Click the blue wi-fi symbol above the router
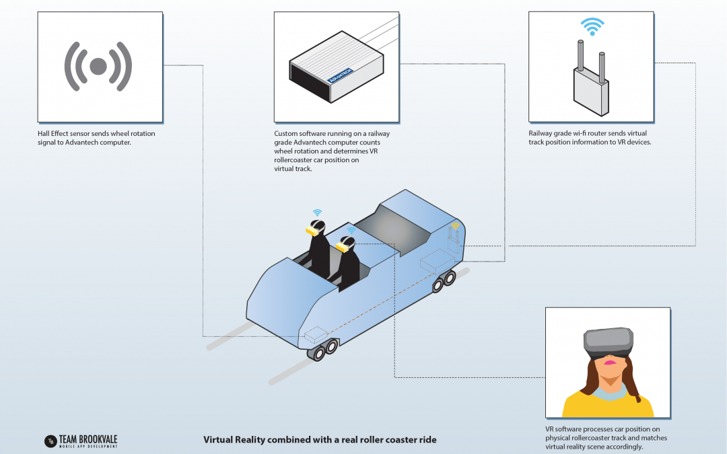point(591,28)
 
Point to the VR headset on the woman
point(609,342)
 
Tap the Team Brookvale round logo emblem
point(49,441)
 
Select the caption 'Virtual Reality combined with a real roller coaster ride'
point(320,440)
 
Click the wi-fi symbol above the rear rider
point(317,213)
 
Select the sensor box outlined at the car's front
point(316,334)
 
